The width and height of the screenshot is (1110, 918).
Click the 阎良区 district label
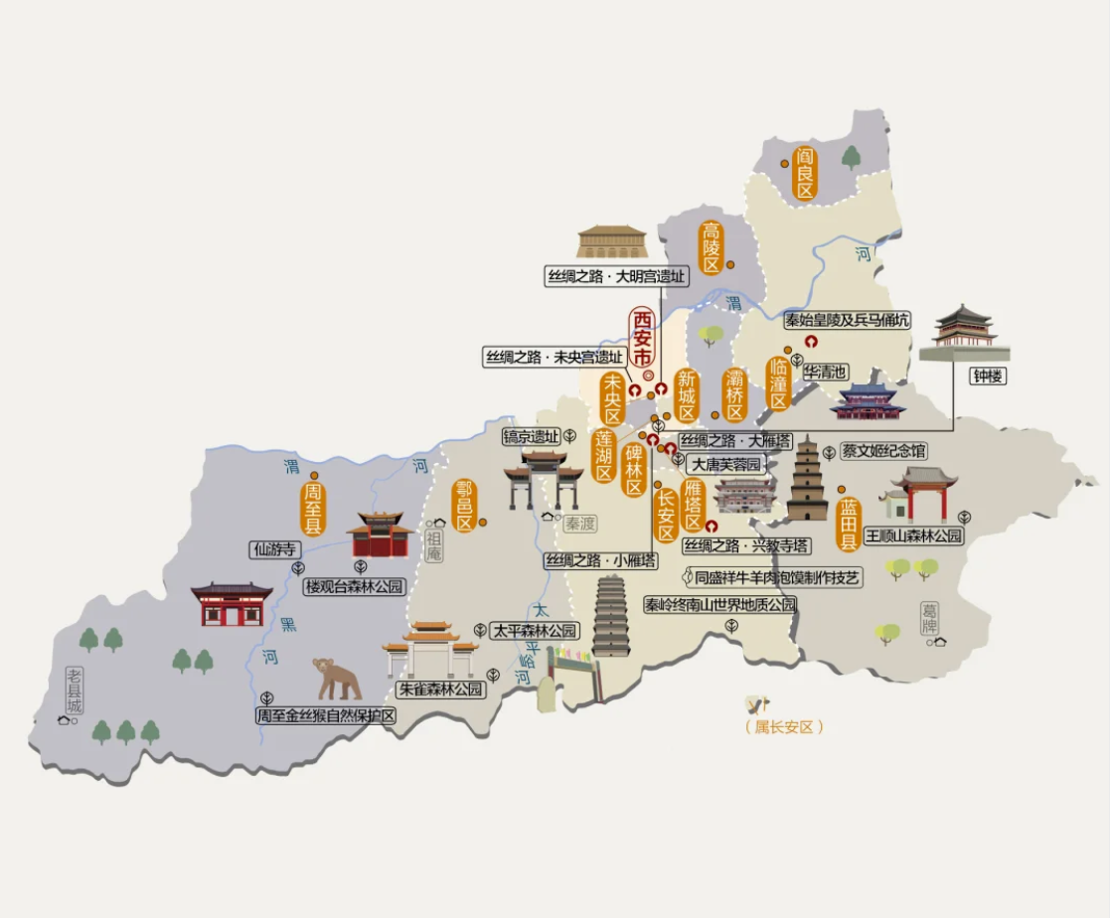click(804, 173)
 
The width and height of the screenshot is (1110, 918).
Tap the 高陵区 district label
click(711, 247)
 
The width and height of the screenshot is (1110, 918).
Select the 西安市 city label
click(643, 338)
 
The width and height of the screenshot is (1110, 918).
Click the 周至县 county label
click(313, 509)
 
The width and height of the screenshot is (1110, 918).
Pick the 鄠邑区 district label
click(463, 507)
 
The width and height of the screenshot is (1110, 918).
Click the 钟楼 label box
click(988, 378)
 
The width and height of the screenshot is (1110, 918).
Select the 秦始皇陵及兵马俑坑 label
click(846, 320)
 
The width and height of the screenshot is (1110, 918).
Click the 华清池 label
click(826, 372)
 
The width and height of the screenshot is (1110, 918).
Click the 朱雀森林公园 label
click(440, 688)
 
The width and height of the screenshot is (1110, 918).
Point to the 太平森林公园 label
click(535, 630)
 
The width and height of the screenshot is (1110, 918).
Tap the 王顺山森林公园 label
click(913, 535)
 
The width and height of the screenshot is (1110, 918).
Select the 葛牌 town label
click(929, 618)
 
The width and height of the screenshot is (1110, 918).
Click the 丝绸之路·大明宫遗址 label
click(616, 277)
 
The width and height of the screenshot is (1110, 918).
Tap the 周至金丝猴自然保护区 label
click(326, 715)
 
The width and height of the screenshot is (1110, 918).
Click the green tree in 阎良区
click(852, 157)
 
